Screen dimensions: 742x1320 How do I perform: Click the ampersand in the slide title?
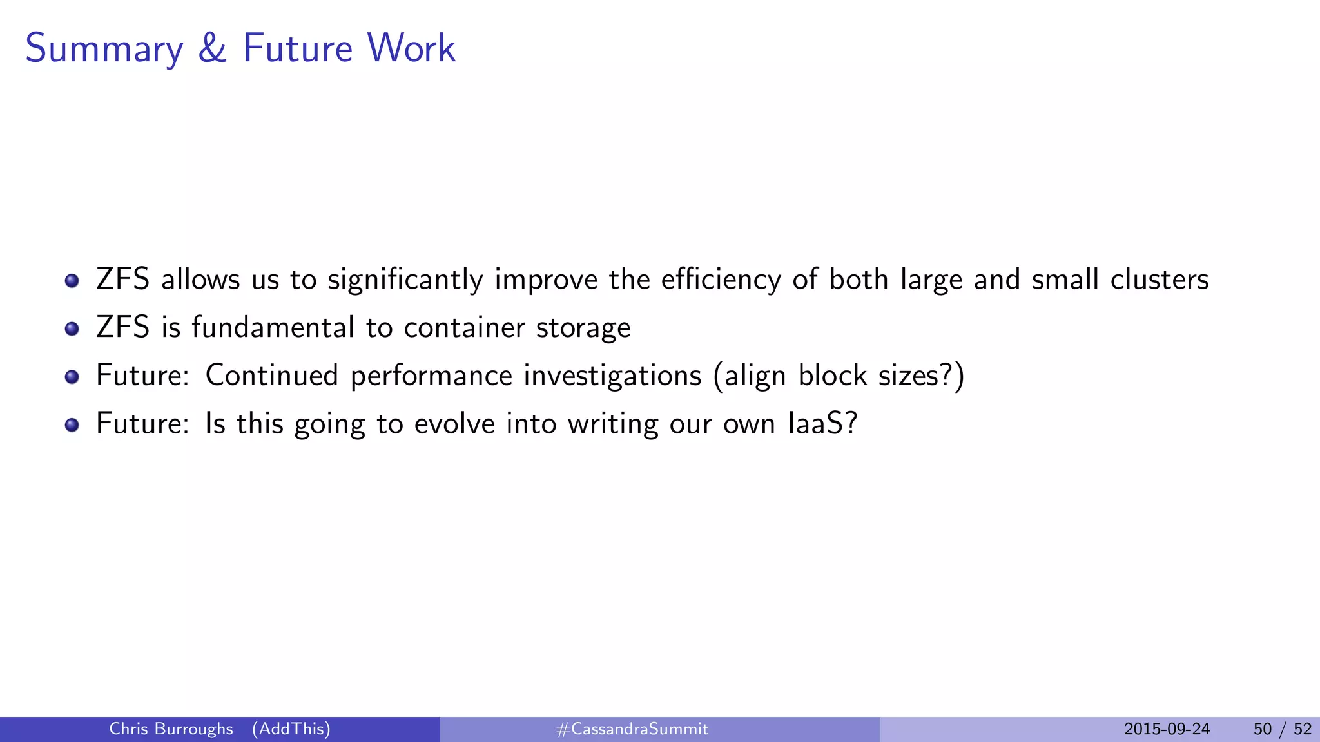click(x=212, y=48)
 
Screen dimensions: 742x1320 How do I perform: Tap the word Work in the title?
click(x=411, y=48)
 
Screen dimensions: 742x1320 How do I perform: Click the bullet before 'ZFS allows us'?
click(x=72, y=281)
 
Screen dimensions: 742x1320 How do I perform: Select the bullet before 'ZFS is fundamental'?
click(x=72, y=329)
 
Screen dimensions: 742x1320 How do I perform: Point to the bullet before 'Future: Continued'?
click(x=72, y=377)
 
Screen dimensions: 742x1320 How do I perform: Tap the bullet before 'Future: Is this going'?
click(x=72, y=425)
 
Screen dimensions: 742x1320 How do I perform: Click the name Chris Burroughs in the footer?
click(x=171, y=729)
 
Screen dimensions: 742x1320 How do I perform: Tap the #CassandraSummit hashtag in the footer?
click(x=632, y=729)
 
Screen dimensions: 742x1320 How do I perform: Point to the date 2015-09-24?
click(x=1167, y=729)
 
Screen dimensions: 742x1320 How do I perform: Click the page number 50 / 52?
click(x=1282, y=729)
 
